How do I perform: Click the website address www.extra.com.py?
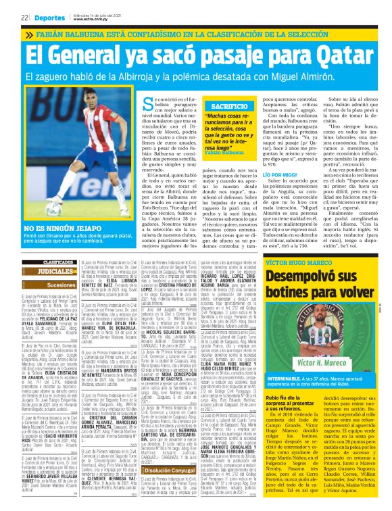[x=89, y=20]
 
